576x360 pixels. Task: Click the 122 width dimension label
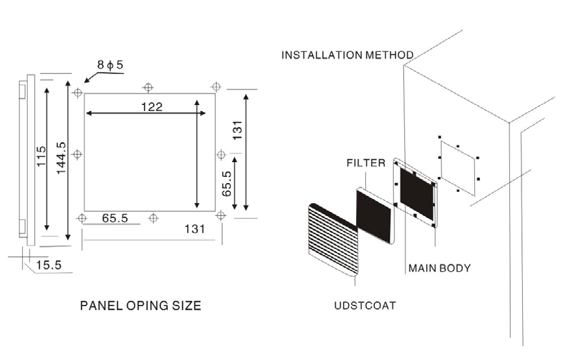(151, 107)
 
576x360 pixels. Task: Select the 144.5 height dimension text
(61, 158)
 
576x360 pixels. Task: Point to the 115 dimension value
(41, 156)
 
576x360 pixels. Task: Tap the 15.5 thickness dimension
(48, 265)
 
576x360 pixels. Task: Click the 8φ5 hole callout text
(110, 65)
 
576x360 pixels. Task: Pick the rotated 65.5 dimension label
(227, 184)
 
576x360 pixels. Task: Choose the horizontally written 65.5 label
(115, 218)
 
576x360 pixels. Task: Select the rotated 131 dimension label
(238, 130)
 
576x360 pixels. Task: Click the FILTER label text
(366, 163)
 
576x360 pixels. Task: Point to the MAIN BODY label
(439, 268)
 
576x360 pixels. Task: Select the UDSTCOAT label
(365, 305)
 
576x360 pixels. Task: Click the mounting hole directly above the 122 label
(148, 87)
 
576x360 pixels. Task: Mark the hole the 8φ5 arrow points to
(77, 93)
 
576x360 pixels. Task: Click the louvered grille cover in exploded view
(334, 239)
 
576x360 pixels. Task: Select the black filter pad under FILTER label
(374, 215)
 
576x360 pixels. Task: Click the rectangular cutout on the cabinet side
(458, 168)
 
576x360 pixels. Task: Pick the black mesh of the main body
(417, 194)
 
